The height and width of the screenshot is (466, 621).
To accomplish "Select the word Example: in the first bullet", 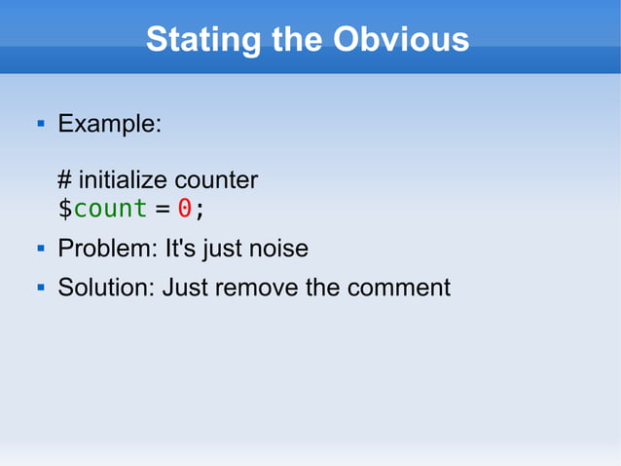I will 110,125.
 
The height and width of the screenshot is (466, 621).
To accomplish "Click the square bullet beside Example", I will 40,125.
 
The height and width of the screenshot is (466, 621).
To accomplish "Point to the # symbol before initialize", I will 65,180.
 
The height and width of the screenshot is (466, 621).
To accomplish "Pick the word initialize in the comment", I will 126,180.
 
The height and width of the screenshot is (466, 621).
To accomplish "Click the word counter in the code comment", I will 219,180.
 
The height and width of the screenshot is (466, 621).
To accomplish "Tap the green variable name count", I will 110,209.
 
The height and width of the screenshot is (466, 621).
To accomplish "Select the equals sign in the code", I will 161,209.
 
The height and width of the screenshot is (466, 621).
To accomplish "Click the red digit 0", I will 183,209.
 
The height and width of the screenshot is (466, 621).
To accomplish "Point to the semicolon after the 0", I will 200,210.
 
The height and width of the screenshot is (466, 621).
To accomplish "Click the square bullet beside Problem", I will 40,249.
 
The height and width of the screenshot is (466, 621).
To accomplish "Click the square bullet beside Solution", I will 40,288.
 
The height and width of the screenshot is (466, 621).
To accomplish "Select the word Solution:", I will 106,288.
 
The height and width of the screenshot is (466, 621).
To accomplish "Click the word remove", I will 256,288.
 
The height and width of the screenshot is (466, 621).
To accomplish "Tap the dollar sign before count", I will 65,209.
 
